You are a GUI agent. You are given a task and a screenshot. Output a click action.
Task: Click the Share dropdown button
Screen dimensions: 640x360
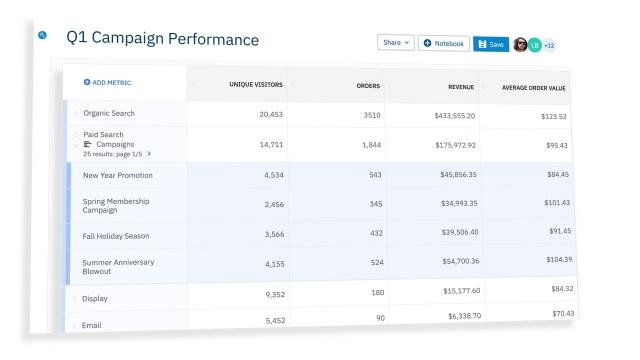(x=396, y=42)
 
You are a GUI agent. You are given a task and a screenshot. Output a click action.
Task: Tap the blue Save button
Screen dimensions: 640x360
(x=491, y=44)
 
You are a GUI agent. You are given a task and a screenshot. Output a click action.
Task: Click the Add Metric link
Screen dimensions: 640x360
(x=107, y=82)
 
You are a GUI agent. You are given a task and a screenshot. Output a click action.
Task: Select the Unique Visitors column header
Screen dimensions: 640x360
(x=256, y=84)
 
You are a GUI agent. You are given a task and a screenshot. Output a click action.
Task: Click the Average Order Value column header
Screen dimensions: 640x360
(x=533, y=88)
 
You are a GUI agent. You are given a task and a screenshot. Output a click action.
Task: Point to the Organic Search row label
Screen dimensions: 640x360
(x=109, y=113)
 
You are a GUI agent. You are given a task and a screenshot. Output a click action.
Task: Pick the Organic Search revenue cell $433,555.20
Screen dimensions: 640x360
(x=455, y=116)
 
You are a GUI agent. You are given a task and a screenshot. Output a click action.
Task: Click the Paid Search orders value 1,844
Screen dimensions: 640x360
(x=371, y=144)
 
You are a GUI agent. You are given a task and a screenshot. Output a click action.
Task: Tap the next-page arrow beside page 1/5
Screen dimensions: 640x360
(x=149, y=154)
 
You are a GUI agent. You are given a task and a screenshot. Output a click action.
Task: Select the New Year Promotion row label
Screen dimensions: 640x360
(x=118, y=175)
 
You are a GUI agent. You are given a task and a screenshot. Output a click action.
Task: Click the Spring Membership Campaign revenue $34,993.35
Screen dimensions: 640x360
(x=459, y=203)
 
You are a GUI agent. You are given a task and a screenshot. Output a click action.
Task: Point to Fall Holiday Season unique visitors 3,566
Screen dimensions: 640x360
(x=274, y=234)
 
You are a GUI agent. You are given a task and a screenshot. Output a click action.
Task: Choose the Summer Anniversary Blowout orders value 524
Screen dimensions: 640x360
(x=377, y=262)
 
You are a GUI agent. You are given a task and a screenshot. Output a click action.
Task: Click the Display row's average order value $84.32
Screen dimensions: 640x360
(x=562, y=289)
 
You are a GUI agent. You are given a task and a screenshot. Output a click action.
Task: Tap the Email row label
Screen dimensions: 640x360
(x=91, y=325)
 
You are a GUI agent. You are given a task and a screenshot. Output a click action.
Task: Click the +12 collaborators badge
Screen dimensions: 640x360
(x=549, y=45)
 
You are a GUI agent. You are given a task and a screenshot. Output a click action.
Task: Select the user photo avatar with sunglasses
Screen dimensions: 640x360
(x=520, y=44)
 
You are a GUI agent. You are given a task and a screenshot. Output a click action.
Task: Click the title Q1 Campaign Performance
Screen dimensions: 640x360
(x=162, y=38)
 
